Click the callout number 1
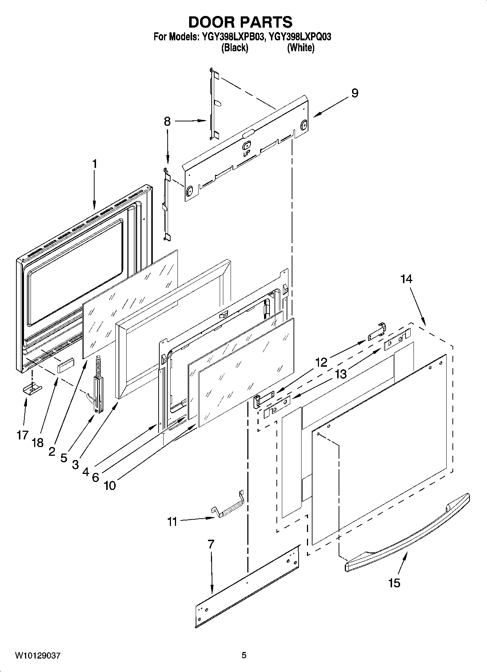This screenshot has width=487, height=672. coord(95,164)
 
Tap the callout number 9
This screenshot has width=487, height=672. coord(355,93)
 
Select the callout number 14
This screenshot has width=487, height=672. coord(406,279)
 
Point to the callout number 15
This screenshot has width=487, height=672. coord(394,583)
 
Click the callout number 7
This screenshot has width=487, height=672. coord(211,544)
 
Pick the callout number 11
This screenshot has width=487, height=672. coord(172,522)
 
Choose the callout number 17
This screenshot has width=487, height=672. coord(23,435)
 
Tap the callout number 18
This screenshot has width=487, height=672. coord(37,442)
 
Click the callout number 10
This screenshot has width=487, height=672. coord(110,486)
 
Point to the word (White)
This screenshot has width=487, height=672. coord(300,48)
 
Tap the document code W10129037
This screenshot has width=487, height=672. coord(37,655)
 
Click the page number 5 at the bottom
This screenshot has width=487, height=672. coord(244,655)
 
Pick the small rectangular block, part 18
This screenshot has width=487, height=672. coord(65,365)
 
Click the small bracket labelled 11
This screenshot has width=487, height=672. coord(228,505)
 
